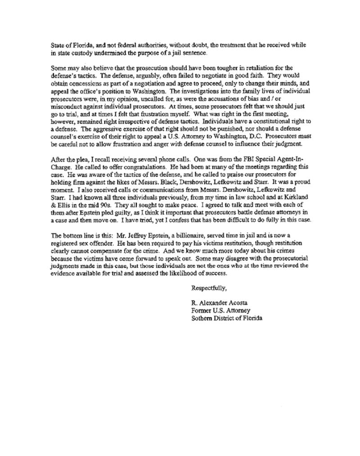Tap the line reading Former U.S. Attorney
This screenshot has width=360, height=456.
220,310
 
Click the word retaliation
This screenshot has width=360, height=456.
249,68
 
